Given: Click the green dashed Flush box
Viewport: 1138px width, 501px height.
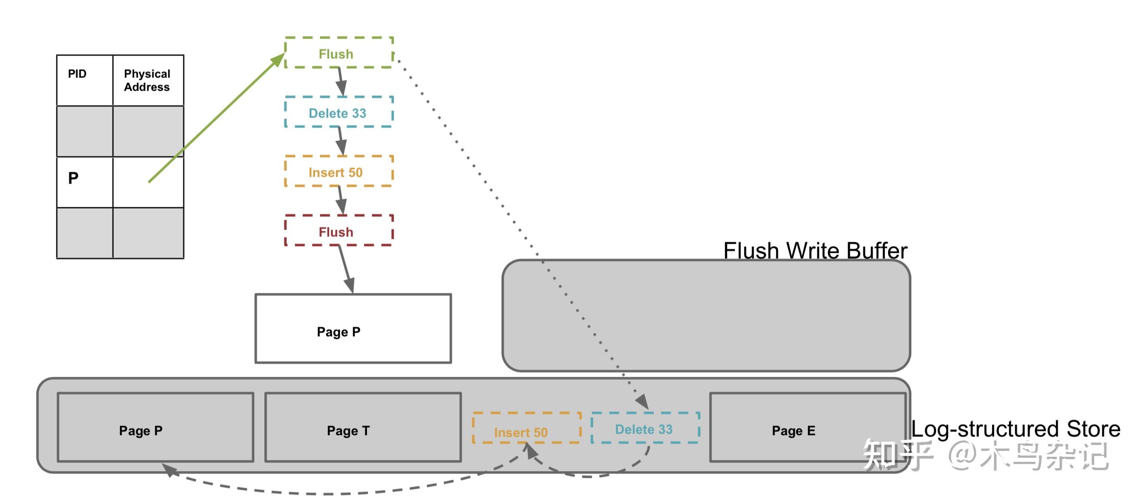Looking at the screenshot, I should (339, 53).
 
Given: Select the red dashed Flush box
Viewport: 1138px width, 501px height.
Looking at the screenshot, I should (339, 230).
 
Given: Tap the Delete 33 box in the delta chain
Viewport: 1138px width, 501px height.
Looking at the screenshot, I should (339, 112).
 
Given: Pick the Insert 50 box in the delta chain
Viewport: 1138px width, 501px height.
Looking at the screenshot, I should (339, 171).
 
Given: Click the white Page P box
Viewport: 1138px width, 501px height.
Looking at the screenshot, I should (353, 328).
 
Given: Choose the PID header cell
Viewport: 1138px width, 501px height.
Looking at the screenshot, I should (84, 80).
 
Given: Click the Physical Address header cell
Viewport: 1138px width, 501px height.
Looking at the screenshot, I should (148, 80).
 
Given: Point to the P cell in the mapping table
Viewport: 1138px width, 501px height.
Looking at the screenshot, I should (84, 182).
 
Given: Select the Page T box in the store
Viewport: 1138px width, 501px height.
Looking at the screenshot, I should (363, 427).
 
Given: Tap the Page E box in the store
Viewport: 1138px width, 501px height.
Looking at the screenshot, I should (807, 427).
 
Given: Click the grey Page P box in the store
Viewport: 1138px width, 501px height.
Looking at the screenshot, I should (155, 427).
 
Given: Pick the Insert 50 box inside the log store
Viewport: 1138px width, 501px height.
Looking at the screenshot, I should (527, 428).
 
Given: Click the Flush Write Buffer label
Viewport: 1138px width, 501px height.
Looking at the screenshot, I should (815, 250).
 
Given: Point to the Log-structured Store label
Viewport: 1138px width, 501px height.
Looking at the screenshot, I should (1016, 429).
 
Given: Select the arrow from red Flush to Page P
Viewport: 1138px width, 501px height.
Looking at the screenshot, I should (346, 269).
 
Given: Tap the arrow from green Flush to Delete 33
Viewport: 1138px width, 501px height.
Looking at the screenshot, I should (341, 82).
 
